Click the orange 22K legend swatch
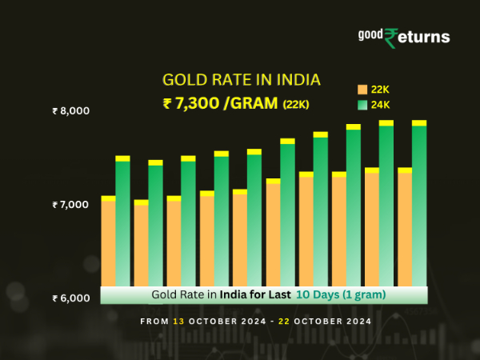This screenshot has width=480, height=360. pos(362,89)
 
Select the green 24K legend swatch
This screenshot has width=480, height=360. pos(362,104)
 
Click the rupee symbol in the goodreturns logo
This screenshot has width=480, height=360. pos(391,38)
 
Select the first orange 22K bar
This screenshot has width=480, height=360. pos(108,240)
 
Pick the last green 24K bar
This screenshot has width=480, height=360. pos(419,204)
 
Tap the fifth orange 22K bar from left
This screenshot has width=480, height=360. pos(240,237)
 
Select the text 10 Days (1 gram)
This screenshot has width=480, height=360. pos(341,294)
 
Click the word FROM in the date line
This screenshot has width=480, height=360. pos(154,321)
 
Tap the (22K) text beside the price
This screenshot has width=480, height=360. pos(297,103)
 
